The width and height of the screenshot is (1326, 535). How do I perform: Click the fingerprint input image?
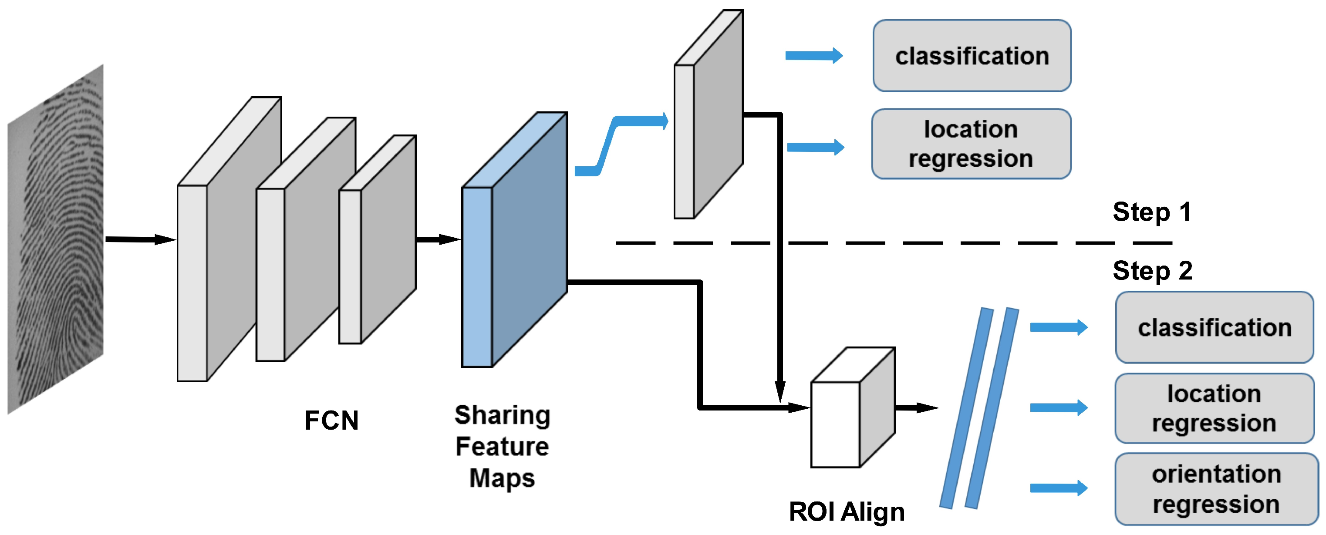[56, 239]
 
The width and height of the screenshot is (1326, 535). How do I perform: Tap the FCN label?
[331, 420]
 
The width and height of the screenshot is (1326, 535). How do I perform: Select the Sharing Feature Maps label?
[503, 446]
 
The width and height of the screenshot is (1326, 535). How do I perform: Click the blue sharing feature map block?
[514, 239]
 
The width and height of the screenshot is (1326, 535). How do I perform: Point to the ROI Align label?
[847, 512]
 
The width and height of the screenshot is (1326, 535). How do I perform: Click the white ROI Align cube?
[853, 407]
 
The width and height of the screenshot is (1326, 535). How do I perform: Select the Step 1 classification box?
[972, 56]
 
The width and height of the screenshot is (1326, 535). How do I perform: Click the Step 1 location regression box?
[972, 144]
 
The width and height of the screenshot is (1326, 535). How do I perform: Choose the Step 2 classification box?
[1215, 327]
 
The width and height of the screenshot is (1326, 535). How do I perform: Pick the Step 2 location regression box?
[1215, 408]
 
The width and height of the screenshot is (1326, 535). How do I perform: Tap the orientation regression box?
[1216, 489]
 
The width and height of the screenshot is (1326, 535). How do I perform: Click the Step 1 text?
[1152, 212]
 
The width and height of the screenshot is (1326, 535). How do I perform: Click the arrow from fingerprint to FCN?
[141, 239]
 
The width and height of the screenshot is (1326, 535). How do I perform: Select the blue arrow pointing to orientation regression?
[1059, 488]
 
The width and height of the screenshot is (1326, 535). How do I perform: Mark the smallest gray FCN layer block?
[377, 239]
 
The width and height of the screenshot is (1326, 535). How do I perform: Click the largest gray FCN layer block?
[229, 239]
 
